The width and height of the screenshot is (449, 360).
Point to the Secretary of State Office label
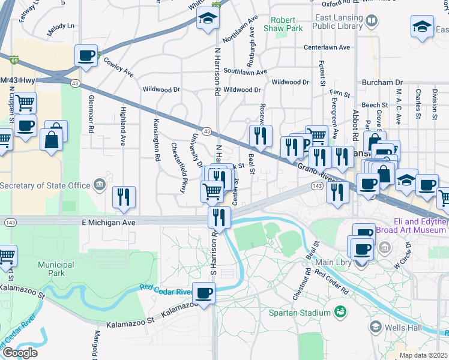46,185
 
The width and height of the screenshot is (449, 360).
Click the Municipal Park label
56,269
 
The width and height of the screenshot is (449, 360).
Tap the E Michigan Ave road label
109,222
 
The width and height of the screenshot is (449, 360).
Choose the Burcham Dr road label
382,82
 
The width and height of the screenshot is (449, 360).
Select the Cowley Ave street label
118,67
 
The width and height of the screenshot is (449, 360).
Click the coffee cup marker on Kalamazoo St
204,293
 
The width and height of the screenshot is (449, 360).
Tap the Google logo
20,352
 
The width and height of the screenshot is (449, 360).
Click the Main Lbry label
333,262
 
